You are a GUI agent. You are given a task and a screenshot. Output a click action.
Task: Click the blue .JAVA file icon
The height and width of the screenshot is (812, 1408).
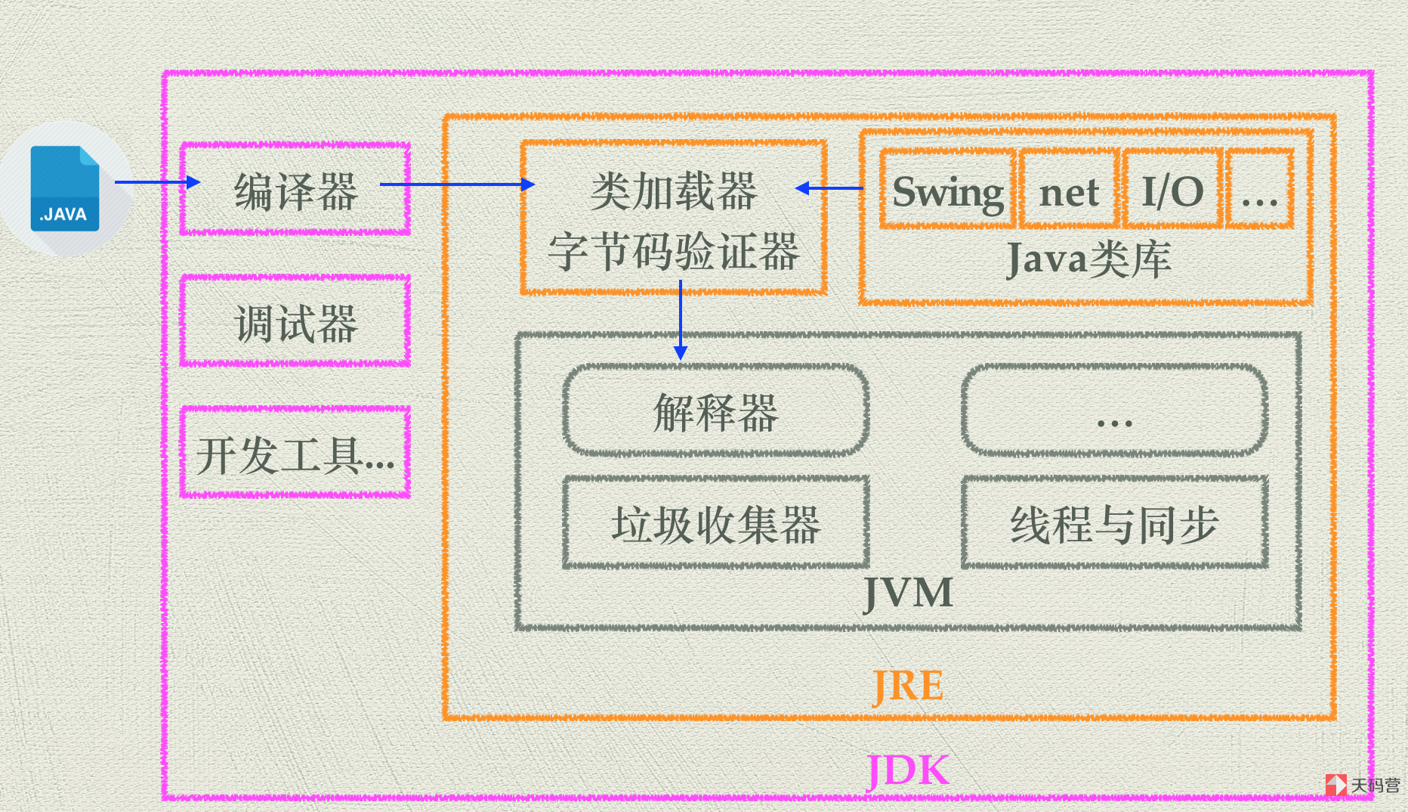pos(65,188)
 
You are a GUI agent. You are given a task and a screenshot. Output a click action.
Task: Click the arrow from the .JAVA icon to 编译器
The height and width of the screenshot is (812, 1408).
pos(157,182)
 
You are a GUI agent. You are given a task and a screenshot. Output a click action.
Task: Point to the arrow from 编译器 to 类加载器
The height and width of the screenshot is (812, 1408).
pos(457,184)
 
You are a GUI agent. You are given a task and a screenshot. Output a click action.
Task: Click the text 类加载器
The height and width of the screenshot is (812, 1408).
pos(674,191)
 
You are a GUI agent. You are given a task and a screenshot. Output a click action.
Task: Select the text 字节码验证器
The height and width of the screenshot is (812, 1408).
pos(674,251)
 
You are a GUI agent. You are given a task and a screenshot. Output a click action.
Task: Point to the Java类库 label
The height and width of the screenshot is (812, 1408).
pos(1088,259)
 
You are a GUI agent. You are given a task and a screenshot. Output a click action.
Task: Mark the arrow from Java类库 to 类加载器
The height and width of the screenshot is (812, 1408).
pos(829,188)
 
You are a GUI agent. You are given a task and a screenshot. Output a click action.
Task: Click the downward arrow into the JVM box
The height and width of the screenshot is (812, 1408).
pos(681,320)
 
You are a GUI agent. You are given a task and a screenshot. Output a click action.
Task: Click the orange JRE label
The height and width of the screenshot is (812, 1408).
pos(908,686)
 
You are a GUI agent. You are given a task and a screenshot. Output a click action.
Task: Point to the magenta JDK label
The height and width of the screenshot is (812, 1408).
pos(908,770)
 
